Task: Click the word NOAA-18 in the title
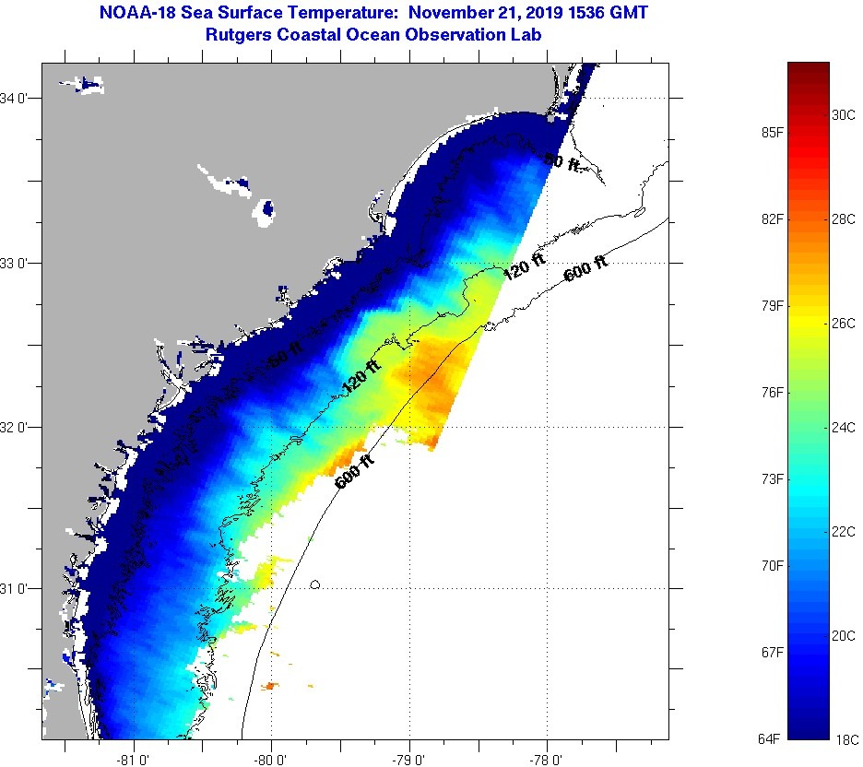[x=128, y=13]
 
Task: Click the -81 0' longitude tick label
[x=135, y=760]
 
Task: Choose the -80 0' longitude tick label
[x=272, y=760]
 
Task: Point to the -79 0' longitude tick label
[x=409, y=760]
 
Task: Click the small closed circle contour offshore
[x=315, y=584]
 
